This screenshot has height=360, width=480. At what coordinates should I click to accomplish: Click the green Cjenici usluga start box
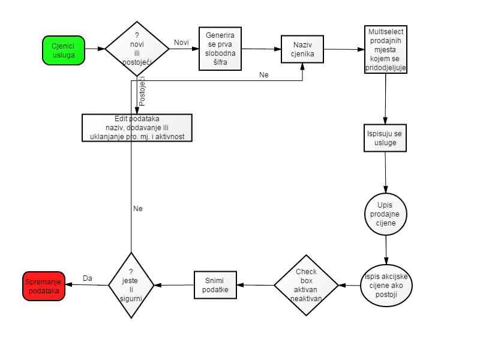click(x=64, y=50)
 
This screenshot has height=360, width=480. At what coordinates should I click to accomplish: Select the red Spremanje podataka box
click(x=44, y=286)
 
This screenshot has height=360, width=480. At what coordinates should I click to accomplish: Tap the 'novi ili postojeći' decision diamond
click(x=137, y=49)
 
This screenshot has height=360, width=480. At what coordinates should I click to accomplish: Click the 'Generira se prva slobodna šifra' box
click(x=220, y=49)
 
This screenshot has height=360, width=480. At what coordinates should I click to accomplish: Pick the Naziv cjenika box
click(x=302, y=49)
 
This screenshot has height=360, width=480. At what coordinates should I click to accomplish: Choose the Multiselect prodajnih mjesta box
click(x=386, y=49)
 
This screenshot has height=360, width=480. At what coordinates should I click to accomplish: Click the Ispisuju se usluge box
click(x=385, y=138)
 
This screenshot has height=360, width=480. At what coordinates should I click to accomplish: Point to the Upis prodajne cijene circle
click(x=386, y=214)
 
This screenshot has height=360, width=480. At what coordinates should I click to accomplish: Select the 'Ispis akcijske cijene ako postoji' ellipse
click(x=386, y=286)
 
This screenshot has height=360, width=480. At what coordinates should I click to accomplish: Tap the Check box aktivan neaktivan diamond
click(x=306, y=286)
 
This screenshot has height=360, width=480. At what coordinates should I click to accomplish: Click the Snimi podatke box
click(x=215, y=285)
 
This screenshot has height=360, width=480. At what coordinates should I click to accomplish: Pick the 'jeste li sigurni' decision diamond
click(x=131, y=286)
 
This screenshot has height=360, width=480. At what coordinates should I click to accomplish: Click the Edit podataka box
click(x=137, y=128)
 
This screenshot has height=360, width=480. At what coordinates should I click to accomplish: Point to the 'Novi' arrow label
click(x=181, y=43)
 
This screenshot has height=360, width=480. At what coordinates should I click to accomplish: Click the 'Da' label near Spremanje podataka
click(x=88, y=278)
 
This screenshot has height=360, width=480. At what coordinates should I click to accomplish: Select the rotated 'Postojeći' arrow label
click(x=142, y=91)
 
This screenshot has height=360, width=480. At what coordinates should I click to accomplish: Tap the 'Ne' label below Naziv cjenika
click(x=264, y=74)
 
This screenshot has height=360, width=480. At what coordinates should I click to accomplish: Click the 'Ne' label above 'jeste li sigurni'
click(x=138, y=208)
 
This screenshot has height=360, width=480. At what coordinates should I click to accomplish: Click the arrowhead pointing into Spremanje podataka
click(x=69, y=284)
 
